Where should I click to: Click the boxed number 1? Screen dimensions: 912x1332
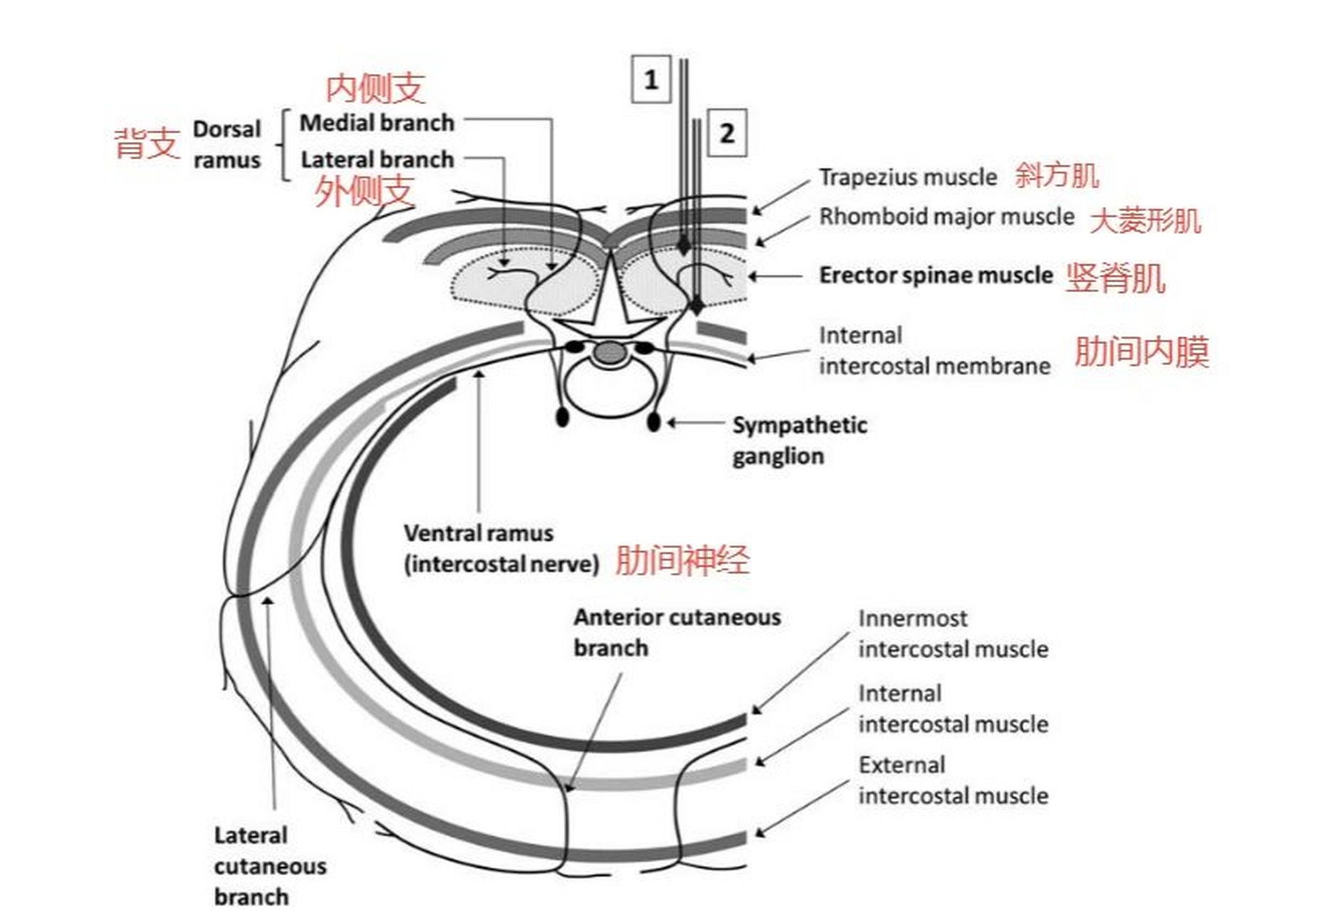(651, 79)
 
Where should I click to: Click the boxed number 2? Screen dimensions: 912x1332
(727, 133)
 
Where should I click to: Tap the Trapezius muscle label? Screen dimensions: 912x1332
(908, 177)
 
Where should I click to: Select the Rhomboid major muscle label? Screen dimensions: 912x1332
(946, 216)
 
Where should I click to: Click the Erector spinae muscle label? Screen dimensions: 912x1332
(935, 275)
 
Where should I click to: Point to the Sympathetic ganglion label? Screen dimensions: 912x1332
(799, 440)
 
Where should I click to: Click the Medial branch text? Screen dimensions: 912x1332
(377, 123)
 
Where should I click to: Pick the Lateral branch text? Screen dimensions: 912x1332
(377, 160)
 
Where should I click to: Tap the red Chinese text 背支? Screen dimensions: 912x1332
(147, 143)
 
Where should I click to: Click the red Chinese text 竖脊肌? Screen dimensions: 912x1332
(1115, 277)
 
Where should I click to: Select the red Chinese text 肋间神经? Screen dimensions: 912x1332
(681, 559)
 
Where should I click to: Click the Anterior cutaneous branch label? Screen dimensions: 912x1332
(676, 632)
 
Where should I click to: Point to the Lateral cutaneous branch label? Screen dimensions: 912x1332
(270, 865)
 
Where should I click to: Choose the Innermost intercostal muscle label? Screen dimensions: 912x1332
(953, 633)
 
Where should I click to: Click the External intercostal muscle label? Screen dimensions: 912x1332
(953, 780)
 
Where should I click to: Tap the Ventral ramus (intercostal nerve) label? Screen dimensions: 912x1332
(501, 549)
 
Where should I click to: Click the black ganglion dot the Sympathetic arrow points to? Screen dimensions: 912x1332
(654, 422)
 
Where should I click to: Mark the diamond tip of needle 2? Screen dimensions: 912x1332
(696, 306)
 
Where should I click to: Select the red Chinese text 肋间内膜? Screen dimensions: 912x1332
(1141, 351)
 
